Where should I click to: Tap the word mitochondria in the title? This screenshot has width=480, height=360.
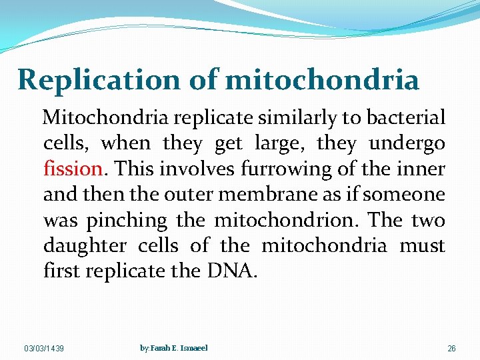coord(322,80)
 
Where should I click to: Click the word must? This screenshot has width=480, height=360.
coord(422,246)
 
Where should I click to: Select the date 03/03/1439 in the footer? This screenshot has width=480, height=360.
coord(45,349)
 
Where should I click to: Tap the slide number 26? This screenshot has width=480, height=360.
coord(451,349)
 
